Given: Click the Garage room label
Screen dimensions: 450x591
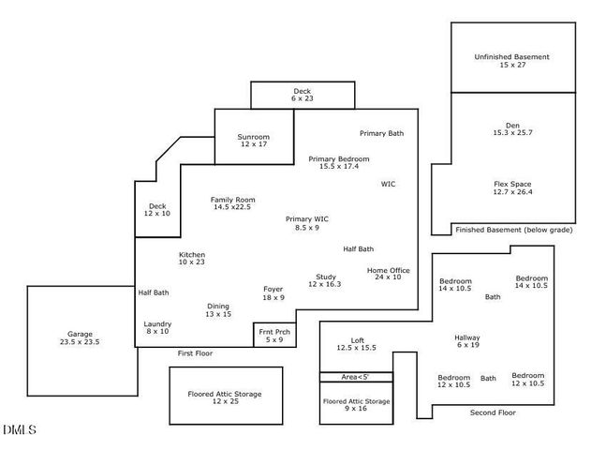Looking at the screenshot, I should tap(79, 338).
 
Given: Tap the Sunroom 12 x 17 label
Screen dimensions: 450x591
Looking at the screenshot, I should tap(252, 141).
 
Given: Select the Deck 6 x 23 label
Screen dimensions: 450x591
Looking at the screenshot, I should tap(302, 94).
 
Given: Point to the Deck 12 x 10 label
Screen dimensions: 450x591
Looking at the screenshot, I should tap(156, 209).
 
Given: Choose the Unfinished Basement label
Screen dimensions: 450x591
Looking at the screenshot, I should tap(511, 61).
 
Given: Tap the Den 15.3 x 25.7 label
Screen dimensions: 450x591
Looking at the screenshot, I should tap(511, 128).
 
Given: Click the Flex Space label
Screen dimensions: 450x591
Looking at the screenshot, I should tap(512, 187).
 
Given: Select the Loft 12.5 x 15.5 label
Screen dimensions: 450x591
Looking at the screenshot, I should tap(356, 343).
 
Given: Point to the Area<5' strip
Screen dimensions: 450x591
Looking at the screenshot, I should tap(356, 377).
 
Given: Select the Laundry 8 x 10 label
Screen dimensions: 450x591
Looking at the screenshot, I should tap(156, 327).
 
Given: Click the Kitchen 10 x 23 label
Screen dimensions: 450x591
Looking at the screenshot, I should tap(192, 258).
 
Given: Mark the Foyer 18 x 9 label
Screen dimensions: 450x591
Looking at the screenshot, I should tap(273, 293).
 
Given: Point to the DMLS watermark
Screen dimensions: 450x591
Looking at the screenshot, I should tap(19, 430).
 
